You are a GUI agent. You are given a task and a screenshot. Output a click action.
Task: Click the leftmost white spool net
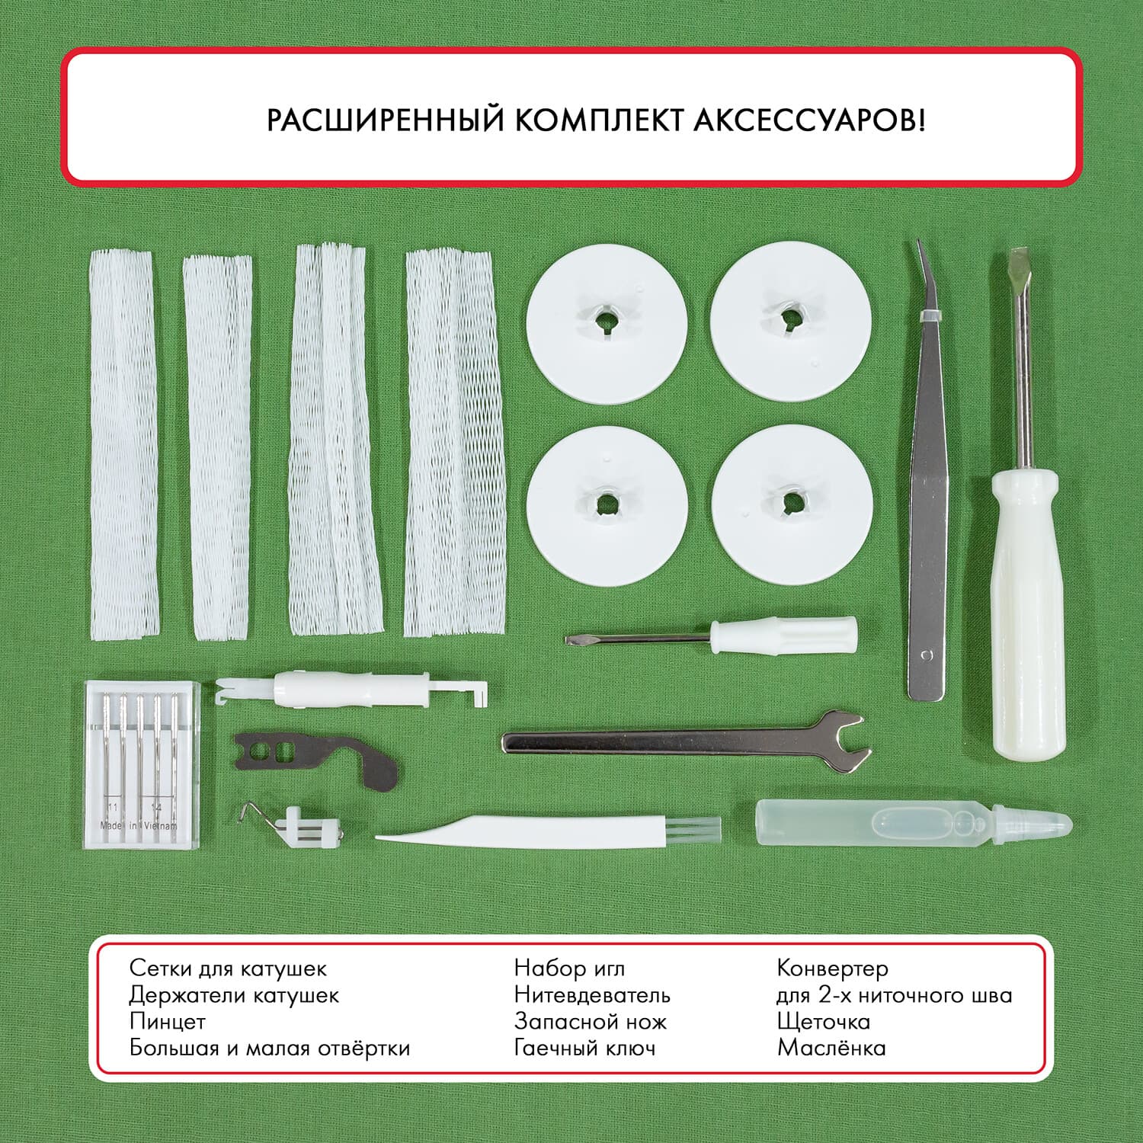coord(121,446)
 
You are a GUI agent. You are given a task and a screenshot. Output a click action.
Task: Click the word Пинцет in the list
coord(168,1021)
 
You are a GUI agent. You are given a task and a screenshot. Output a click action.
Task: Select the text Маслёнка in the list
coord(831,1048)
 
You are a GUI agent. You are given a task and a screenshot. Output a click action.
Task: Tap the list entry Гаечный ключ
coord(584,1048)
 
